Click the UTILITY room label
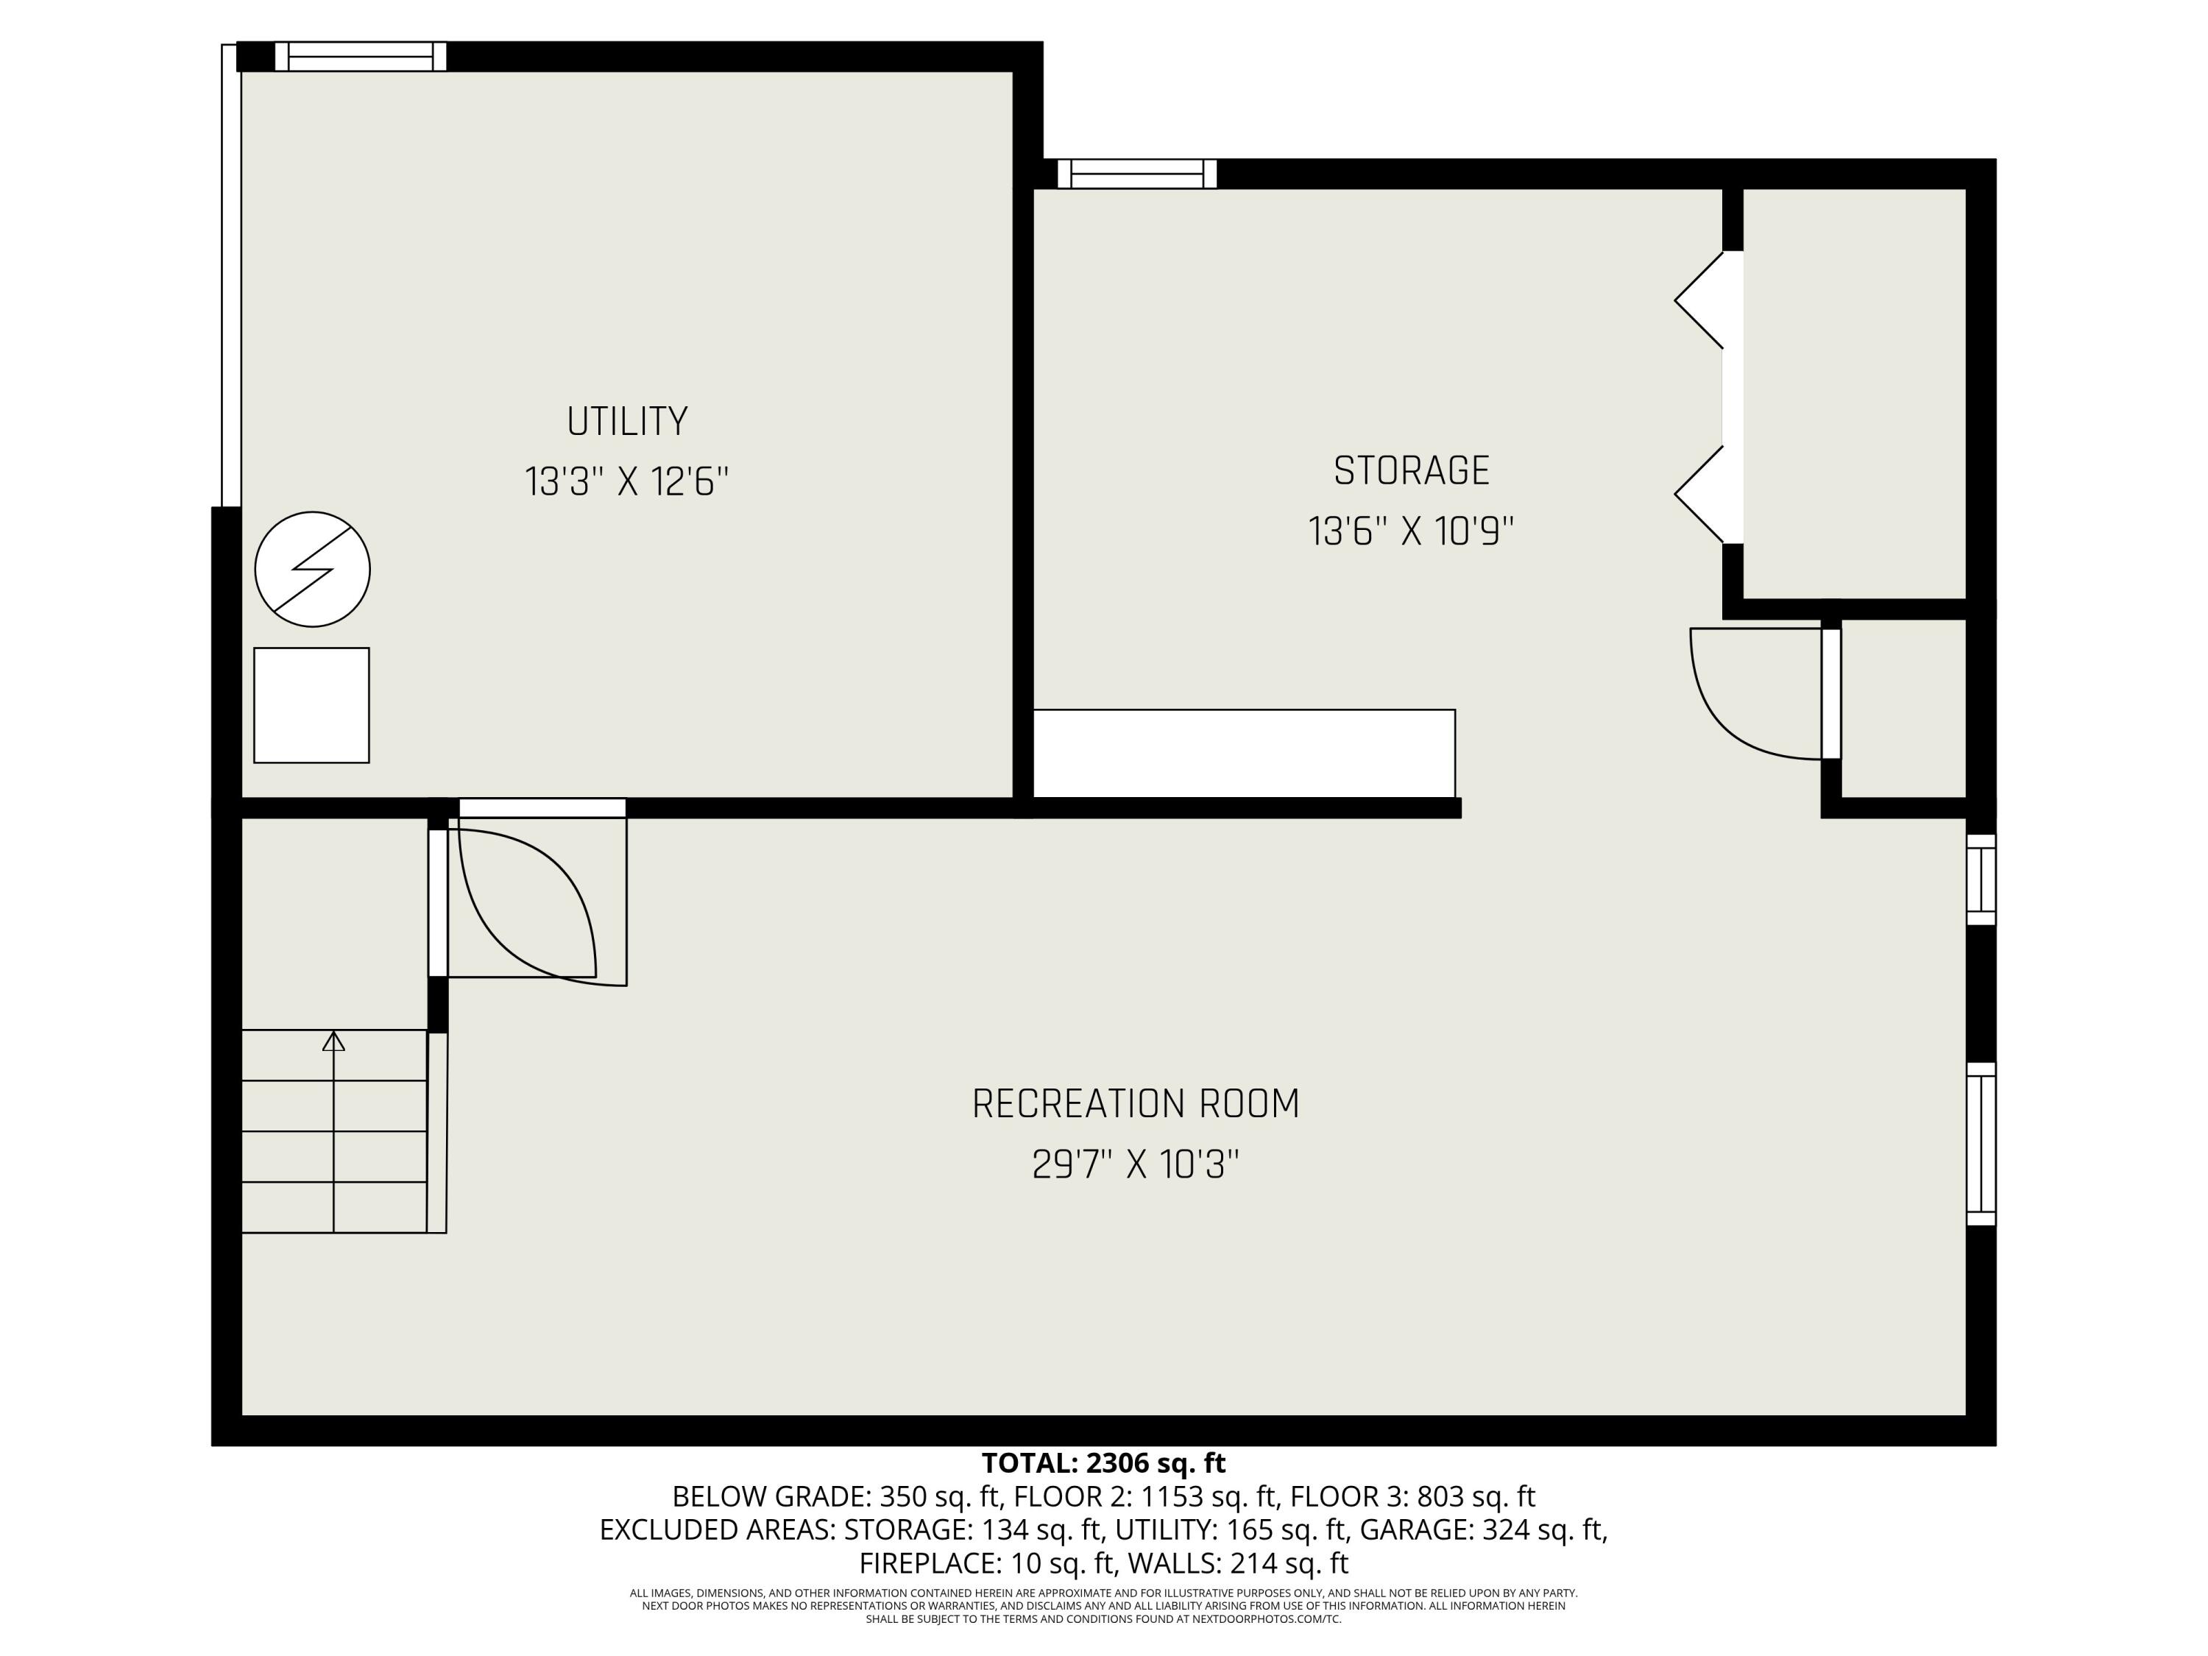627,421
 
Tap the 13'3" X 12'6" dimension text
627,482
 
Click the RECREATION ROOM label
1135,1104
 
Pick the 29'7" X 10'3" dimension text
1135,1165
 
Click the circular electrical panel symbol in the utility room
313,569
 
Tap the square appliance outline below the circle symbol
311,705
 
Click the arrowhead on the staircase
333,1041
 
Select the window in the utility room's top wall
361,57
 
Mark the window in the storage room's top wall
1137,174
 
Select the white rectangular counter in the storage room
1243,753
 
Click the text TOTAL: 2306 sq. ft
1103,1463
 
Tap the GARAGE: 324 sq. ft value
1483,1529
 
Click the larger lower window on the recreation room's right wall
1981,1143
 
